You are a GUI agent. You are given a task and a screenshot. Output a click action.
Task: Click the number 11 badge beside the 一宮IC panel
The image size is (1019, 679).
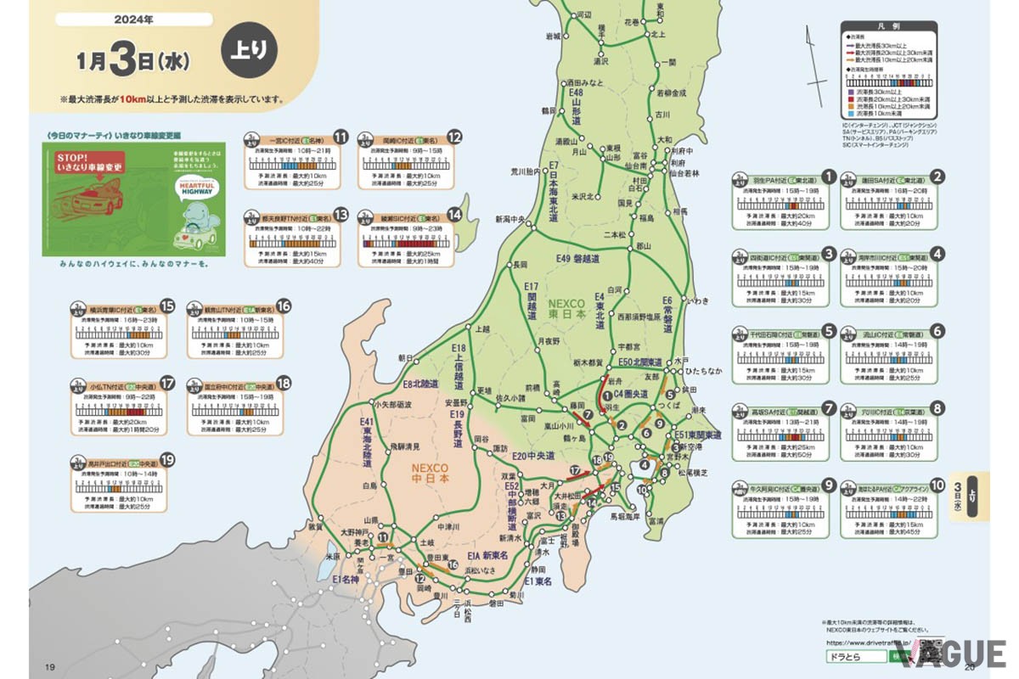(341, 137)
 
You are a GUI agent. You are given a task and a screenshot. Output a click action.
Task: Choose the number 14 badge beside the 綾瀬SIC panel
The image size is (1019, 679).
(454, 215)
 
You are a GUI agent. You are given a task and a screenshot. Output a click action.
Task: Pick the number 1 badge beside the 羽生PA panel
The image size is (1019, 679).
(829, 177)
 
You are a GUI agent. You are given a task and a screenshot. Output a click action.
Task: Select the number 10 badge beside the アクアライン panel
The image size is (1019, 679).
(937, 485)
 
